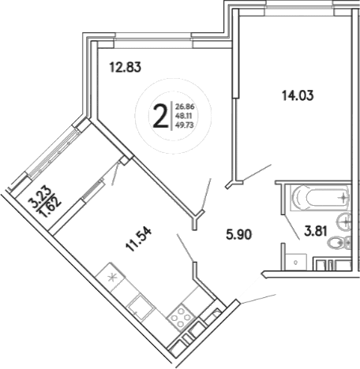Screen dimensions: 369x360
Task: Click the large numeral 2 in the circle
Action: pyautogui.click(x=160, y=117)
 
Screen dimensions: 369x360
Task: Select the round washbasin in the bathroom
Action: pyautogui.click(x=345, y=220)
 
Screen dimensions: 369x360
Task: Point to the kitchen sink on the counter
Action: pyautogui.click(x=141, y=306)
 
